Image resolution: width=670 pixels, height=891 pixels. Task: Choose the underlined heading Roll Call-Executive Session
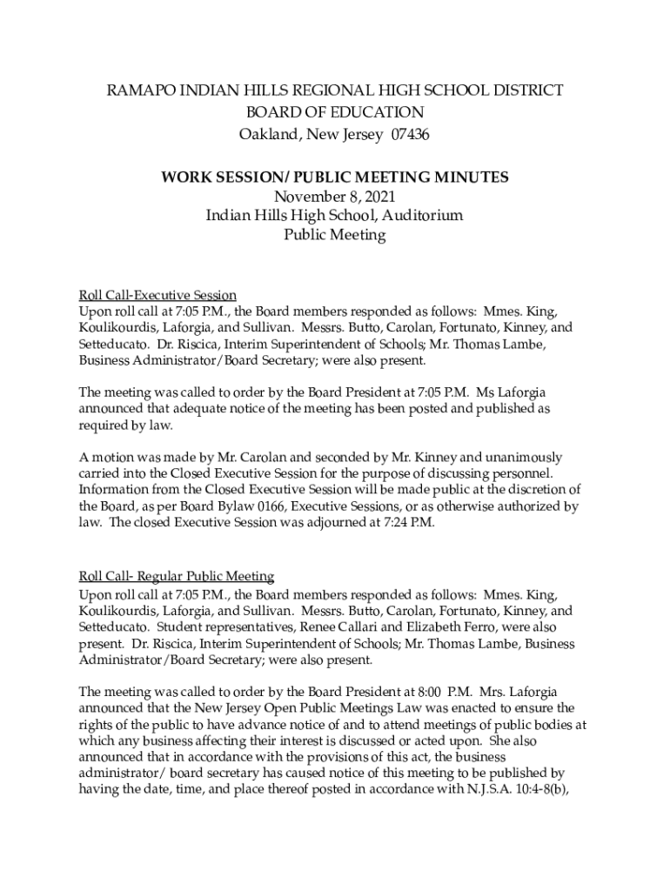pyautogui.click(x=157, y=295)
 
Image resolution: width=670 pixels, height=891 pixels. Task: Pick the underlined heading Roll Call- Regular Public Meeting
pyautogui.click(x=177, y=576)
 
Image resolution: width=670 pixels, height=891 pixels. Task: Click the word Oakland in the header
pyautogui.click(x=265, y=135)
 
